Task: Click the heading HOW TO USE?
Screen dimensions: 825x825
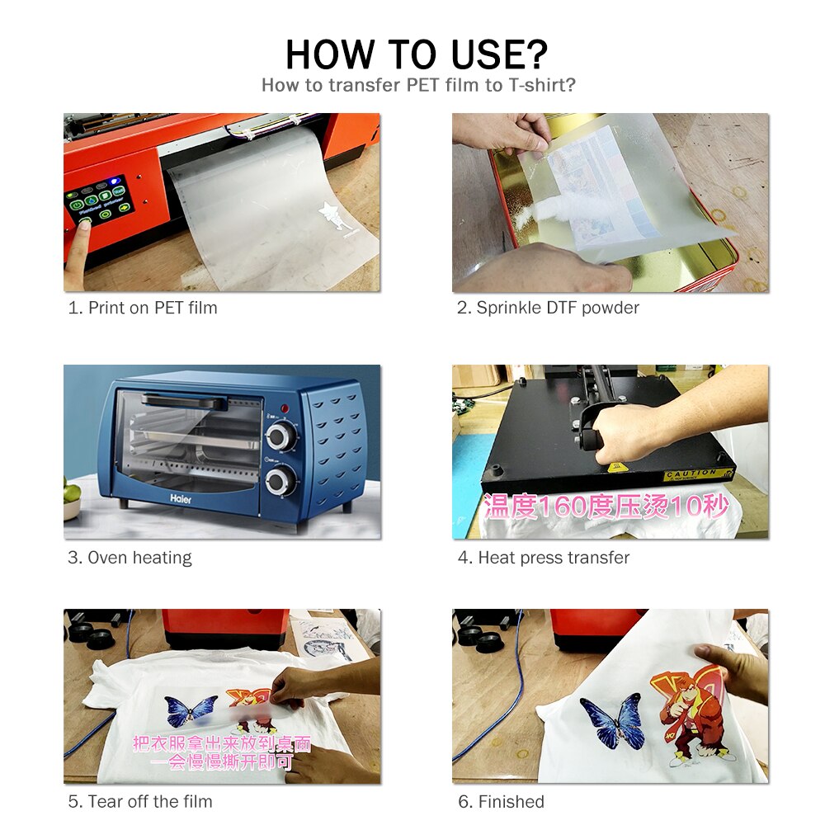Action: point(416,54)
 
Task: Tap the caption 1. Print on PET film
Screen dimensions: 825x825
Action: point(143,308)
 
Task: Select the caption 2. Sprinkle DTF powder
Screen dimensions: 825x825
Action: point(549,308)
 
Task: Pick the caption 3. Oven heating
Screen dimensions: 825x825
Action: point(130,558)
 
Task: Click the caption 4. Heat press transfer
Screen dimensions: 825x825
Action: point(544,558)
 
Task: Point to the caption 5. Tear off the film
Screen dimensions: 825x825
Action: point(140,801)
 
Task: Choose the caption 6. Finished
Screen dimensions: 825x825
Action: point(502,801)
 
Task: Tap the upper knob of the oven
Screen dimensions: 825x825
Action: point(281,436)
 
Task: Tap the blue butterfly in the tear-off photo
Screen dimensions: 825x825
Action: point(191,711)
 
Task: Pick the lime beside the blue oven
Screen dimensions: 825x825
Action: point(72,493)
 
